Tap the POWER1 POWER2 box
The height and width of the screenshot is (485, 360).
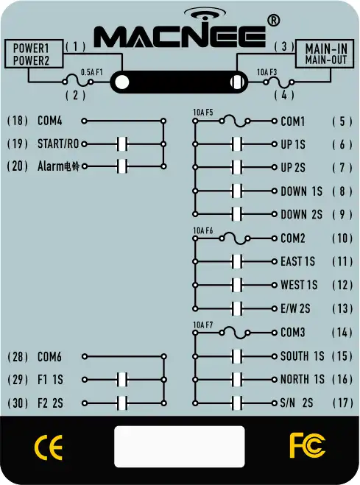point(34,54)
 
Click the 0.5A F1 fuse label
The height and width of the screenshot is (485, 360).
point(91,72)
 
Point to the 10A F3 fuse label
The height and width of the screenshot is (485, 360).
point(267,72)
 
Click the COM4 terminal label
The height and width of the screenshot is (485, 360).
point(50,121)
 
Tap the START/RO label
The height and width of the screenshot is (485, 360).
point(58,144)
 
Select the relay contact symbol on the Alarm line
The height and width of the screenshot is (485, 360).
point(122,166)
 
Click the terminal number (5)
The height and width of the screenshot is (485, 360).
point(342,121)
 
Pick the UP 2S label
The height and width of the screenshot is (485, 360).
point(293,168)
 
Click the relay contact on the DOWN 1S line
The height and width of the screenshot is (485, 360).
point(237,191)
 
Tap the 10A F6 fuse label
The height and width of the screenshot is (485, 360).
point(203,231)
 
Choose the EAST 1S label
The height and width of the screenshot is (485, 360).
point(297,262)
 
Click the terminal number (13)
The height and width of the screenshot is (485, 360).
point(342,308)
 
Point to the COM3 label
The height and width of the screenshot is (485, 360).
point(293,333)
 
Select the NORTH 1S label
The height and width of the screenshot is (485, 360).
point(302,379)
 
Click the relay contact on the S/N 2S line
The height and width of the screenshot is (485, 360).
point(237,403)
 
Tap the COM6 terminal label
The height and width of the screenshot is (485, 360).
point(50,357)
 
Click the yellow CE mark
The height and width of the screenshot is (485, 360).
point(49,447)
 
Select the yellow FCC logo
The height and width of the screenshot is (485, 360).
point(308,445)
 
